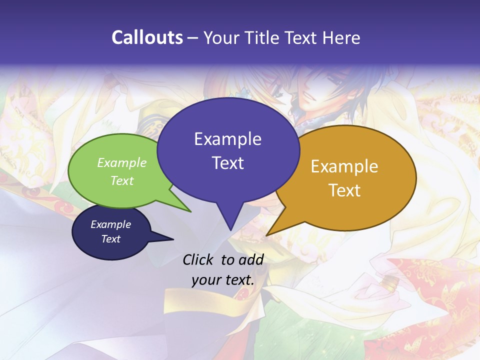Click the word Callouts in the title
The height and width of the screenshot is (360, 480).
pos(147,37)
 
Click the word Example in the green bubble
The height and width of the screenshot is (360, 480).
pos(121,162)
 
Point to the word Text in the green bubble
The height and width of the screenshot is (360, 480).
pos(121,180)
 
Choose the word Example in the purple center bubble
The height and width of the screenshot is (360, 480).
pos(227,139)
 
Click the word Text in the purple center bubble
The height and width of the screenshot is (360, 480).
pos(227,163)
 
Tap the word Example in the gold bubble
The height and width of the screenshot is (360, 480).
pos(344,166)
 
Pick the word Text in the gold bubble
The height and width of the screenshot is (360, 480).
pos(344,190)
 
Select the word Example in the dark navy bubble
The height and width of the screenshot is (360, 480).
pos(110,224)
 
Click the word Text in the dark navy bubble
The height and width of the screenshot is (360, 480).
pos(110,239)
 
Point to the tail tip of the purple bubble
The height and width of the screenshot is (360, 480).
pos(230,229)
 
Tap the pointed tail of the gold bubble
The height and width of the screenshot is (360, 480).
pos(268,234)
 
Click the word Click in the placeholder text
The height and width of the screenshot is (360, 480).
pos(199,259)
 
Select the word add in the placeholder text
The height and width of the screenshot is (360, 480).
pos(251,259)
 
